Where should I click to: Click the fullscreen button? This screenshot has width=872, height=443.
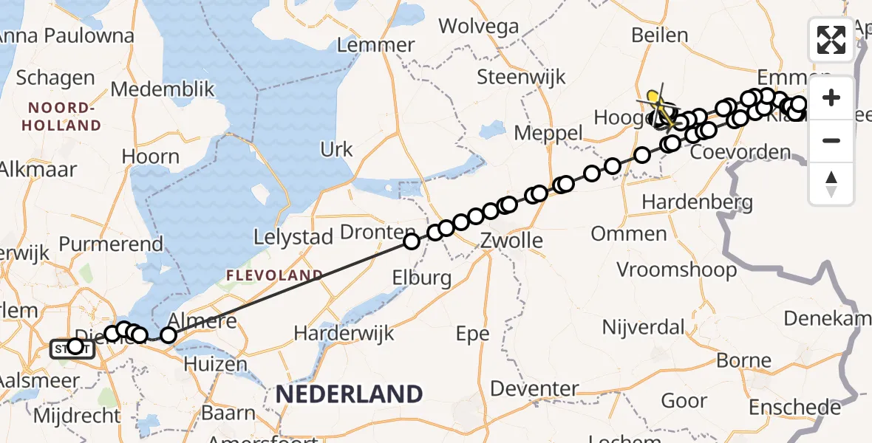click(831, 39)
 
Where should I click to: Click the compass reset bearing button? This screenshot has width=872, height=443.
click(831, 184)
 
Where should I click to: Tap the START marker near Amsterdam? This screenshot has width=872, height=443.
click(72, 348)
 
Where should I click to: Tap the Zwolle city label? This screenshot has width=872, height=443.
click(511, 241)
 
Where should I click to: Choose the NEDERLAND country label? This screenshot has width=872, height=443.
click(349, 394)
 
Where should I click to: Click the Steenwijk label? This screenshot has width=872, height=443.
click(521, 77)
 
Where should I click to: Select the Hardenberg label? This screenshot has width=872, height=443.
click(697, 202)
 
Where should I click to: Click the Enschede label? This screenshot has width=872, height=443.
click(794, 408)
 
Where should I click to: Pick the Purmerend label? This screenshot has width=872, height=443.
click(111, 244)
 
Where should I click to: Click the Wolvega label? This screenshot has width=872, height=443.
click(479, 27)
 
